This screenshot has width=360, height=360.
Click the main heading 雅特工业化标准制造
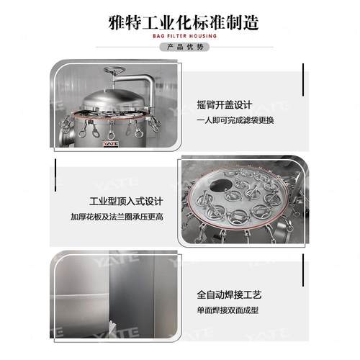point(180,19)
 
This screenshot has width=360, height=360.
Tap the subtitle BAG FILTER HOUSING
point(180,35)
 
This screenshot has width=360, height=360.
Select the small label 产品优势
point(180,47)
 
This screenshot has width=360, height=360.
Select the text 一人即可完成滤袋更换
point(235,120)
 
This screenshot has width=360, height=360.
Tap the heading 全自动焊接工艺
point(235,295)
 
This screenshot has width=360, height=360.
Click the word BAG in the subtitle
point(159,35)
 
